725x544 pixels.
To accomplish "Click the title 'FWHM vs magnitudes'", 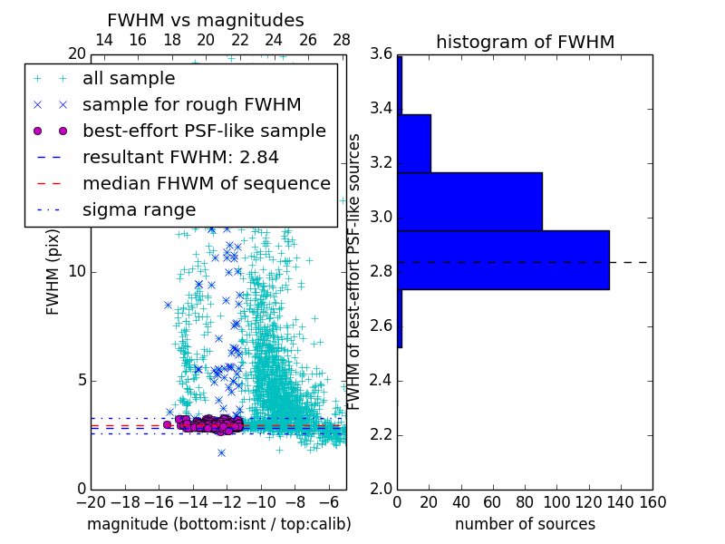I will click(x=206, y=20).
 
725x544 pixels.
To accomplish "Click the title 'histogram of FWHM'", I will click(x=525, y=42).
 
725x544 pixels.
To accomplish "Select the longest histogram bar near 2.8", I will click(x=503, y=260).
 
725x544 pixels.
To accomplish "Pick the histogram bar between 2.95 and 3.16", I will click(x=469, y=201).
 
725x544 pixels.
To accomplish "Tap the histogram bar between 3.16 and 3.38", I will click(x=414, y=143).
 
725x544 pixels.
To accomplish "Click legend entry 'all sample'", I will click(x=129, y=79).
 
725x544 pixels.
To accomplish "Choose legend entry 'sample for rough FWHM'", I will click(x=191, y=104).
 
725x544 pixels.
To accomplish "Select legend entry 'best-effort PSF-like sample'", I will click(x=204, y=131).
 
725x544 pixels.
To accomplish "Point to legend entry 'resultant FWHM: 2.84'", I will click(x=180, y=157).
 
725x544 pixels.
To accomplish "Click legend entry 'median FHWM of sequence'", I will click(x=206, y=183).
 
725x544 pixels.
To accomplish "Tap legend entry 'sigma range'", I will click(x=139, y=209).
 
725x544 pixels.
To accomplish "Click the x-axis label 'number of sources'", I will click(x=525, y=524).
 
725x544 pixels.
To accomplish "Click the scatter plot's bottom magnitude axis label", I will click(x=218, y=524).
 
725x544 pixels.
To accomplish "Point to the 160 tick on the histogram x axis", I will click(x=652, y=501).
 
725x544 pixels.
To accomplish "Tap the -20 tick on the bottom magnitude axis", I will click(x=91, y=501).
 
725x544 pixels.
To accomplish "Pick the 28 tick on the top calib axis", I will click(x=342, y=40).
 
